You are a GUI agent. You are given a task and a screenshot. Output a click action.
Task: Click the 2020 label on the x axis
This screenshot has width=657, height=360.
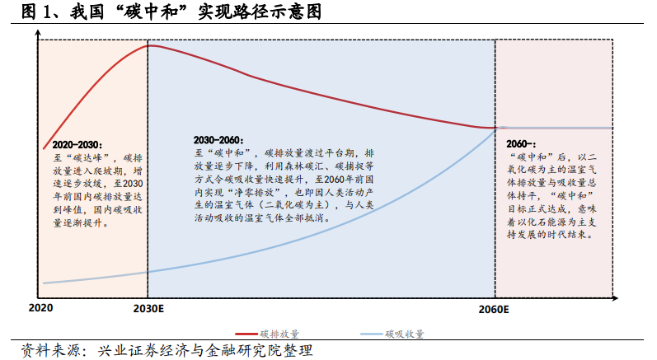pos(40,308)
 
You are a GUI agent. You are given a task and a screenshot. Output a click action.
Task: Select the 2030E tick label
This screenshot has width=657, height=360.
pos(148,309)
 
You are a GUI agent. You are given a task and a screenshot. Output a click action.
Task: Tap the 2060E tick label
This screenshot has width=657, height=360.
pos(494,310)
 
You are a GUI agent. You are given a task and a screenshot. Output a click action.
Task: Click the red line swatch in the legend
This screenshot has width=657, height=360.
pos(246,334)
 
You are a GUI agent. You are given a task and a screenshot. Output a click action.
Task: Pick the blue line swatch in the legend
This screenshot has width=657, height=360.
pos(372,334)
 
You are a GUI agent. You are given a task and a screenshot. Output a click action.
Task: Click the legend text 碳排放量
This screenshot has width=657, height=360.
pos(279,334)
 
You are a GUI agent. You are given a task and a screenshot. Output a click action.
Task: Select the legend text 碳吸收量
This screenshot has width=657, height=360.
pos(405,334)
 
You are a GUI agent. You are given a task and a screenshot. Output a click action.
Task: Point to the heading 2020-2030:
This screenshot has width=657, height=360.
pos(77,145)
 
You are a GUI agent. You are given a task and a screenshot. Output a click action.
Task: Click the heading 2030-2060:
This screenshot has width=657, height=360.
pos(218,140)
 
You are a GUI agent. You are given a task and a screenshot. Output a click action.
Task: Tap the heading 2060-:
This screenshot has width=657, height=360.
pos(521,144)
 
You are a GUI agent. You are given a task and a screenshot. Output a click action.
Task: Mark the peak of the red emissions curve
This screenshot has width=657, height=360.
pos(149,45)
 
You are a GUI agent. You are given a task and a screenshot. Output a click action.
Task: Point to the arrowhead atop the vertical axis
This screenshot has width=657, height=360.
pos(38,32)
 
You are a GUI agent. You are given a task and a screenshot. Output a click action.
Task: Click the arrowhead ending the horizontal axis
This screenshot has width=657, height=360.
pos(615,298)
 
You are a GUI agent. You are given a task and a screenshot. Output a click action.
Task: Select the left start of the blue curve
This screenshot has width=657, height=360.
pos(44,283)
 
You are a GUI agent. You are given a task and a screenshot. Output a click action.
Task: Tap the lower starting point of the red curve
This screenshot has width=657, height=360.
pos(44,148)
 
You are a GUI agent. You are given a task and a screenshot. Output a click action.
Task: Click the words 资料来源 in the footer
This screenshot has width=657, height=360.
pos(44,351)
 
